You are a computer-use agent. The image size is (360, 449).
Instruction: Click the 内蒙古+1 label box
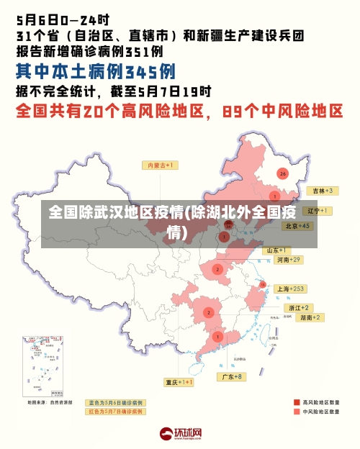click(x=162, y=165)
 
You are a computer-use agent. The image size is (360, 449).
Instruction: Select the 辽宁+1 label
click(x=317, y=211)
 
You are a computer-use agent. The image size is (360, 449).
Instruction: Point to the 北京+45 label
click(x=297, y=225)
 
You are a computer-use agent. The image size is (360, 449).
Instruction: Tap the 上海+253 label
click(x=291, y=289)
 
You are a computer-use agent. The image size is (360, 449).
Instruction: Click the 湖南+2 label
click(x=291, y=317)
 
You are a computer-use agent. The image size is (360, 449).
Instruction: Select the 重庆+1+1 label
click(x=178, y=382)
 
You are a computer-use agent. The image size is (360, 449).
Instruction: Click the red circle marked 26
click(x=282, y=173)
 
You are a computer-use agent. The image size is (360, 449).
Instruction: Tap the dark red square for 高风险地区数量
click(x=296, y=402)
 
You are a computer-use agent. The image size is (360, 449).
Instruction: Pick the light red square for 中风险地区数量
click(x=296, y=412)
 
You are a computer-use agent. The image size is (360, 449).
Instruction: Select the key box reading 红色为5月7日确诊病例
click(x=114, y=412)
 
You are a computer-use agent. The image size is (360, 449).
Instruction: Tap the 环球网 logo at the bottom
click(x=180, y=434)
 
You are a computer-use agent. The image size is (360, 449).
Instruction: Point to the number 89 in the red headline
click(x=236, y=112)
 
